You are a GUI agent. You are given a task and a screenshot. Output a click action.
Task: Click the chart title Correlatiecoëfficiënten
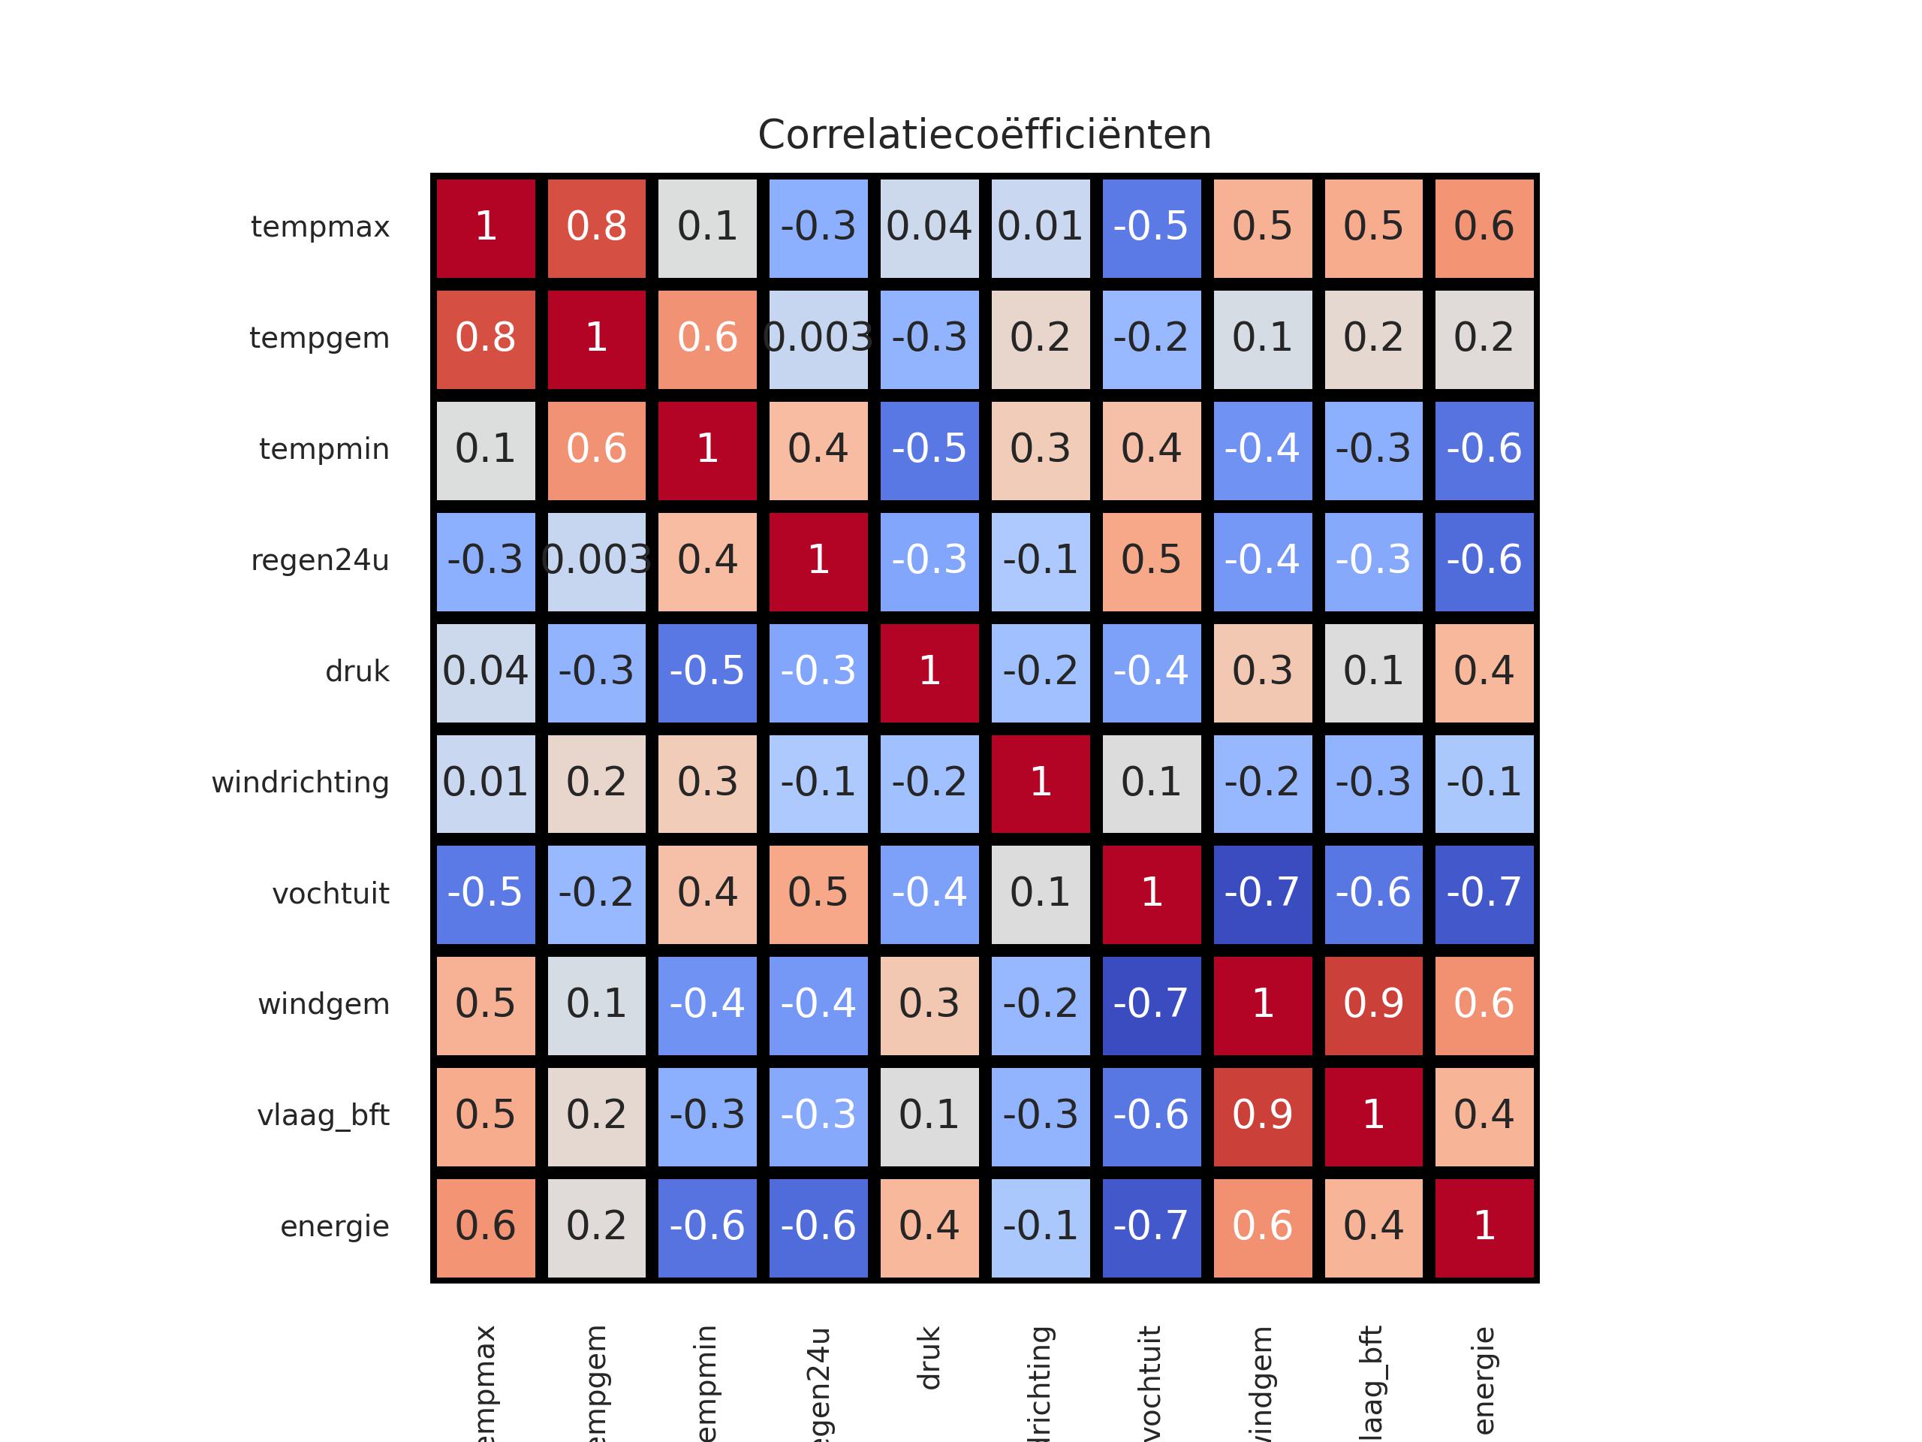pos(984,134)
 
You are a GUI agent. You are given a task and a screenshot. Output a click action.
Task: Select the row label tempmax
pos(320,227)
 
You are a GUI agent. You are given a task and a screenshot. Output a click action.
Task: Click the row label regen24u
pos(320,560)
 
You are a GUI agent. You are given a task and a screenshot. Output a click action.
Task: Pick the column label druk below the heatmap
pos(929,1358)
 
